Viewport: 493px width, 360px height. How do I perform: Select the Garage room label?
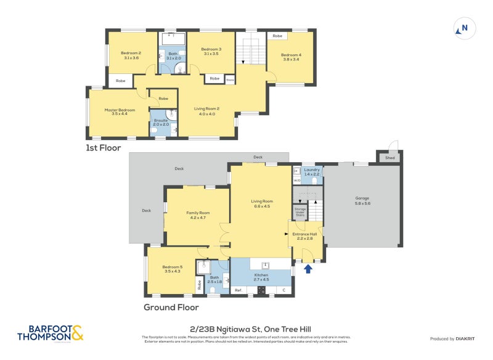[362, 200]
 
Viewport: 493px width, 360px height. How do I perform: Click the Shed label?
[390, 158]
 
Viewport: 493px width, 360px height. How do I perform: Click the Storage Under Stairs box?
[300, 212]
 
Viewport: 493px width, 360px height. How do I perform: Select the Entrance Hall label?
[304, 236]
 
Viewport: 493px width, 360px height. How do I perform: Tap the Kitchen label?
[262, 277]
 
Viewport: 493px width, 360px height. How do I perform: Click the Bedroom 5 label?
[173, 269]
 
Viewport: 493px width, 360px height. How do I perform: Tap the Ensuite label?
[161, 122]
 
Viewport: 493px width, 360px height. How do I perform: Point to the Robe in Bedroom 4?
[277, 36]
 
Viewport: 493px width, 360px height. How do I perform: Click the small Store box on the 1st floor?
[230, 79]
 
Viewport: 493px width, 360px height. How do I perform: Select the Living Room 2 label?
[207, 111]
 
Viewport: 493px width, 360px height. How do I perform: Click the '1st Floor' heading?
[103, 149]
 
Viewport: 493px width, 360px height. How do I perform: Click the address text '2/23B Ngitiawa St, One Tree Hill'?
[245, 329]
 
